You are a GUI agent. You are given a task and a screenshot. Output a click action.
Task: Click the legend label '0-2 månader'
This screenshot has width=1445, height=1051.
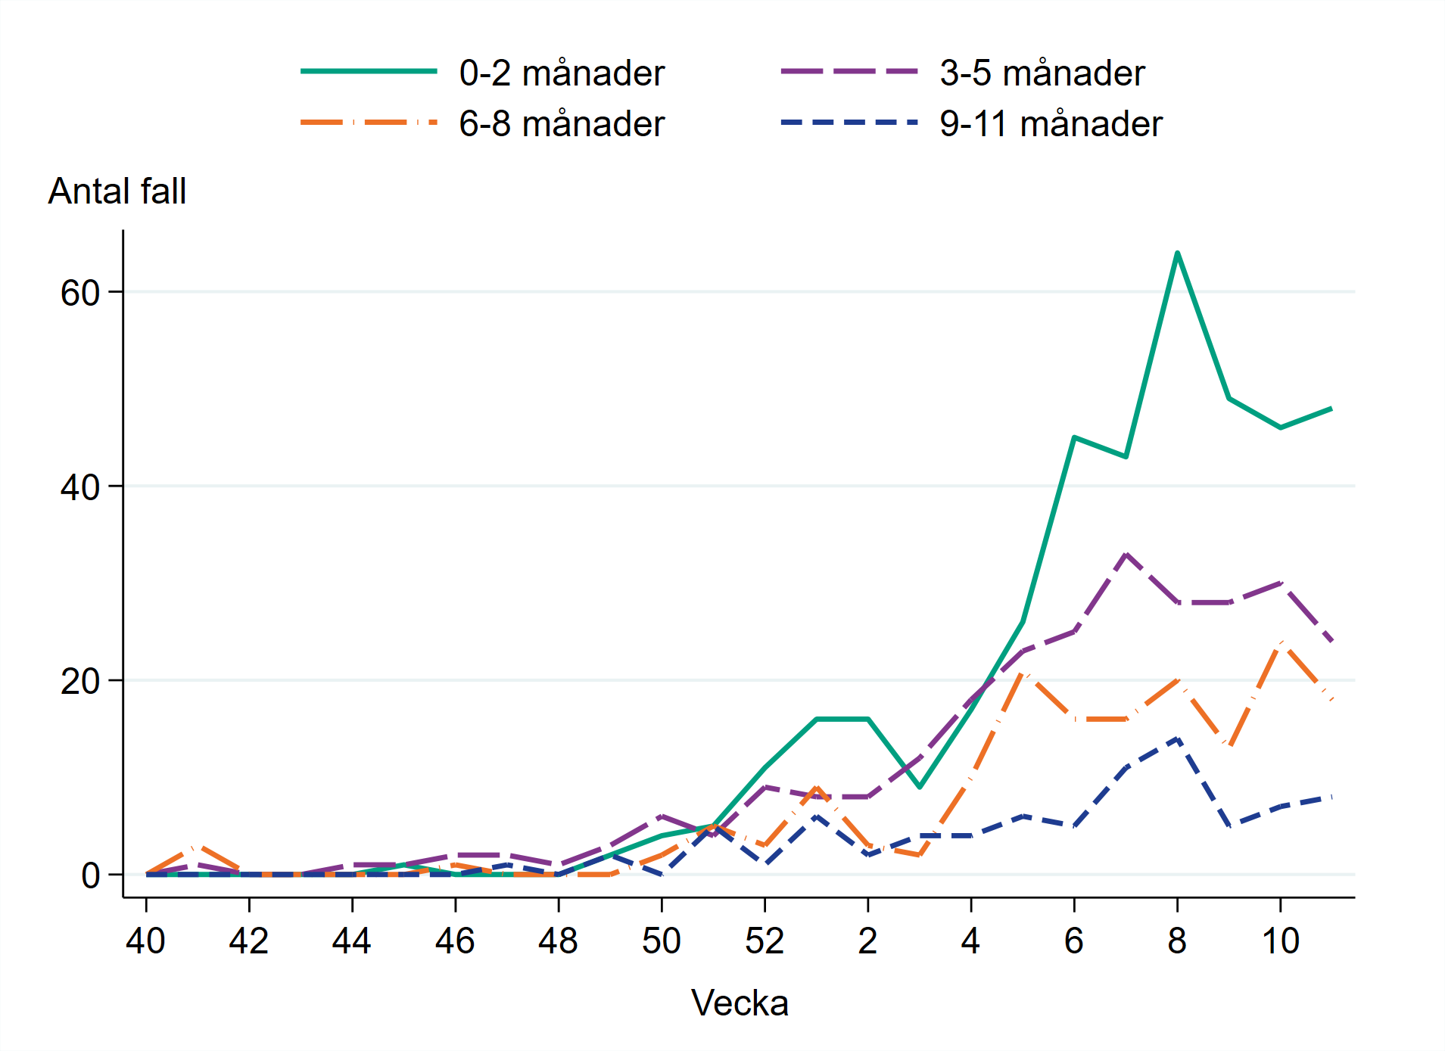(x=562, y=73)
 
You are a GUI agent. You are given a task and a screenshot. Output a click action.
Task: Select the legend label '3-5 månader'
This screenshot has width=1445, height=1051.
(x=1042, y=73)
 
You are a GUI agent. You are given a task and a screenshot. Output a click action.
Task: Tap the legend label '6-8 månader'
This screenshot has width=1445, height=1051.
(x=562, y=124)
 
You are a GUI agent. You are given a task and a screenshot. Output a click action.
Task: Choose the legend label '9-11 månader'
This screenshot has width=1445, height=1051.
(x=1051, y=124)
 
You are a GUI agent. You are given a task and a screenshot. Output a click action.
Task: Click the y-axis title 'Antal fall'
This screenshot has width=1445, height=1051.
(x=117, y=191)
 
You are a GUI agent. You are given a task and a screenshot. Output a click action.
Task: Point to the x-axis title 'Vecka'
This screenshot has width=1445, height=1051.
(x=740, y=1003)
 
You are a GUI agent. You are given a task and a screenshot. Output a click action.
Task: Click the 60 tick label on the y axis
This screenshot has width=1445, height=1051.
(x=80, y=293)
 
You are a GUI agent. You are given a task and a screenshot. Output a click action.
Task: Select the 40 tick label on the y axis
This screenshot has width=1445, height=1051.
(x=80, y=487)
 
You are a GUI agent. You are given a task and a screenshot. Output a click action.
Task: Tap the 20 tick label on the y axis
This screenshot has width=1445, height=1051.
(x=80, y=682)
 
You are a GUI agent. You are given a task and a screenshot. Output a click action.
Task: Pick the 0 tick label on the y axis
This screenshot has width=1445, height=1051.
(x=91, y=875)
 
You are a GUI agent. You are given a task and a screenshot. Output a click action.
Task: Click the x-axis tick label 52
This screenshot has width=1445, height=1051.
(x=765, y=941)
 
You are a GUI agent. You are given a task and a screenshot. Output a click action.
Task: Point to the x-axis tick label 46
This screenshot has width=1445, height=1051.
(x=455, y=941)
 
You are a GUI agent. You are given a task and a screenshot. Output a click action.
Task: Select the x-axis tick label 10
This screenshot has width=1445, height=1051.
(x=1280, y=941)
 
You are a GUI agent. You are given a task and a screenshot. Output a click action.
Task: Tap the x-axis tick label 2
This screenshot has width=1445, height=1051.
(x=867, y=941)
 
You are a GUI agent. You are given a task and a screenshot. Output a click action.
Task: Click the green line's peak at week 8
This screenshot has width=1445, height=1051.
(x=1177, y=253)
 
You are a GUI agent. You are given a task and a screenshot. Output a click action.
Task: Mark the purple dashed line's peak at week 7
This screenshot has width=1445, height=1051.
(x=1126, y=554)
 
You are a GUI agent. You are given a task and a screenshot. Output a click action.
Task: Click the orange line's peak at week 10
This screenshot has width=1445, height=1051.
(x=1280, y=643)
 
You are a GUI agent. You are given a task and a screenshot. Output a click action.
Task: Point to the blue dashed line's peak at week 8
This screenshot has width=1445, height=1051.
(x=1177, y=738)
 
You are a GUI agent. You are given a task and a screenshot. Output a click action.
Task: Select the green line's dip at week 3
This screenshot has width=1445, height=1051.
(x=920, y=787)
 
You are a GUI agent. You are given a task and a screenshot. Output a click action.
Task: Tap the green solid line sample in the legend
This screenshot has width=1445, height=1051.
(x=369, y=71)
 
